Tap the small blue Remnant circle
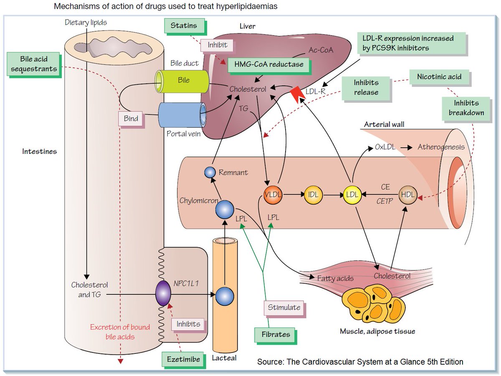[210, 172]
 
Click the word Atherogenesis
[441, 147]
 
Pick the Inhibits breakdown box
[466, 108]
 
